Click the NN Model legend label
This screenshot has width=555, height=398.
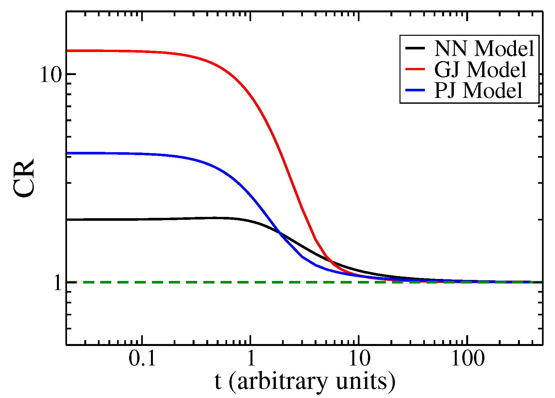[484, 48]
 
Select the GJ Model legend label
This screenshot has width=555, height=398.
[480, 69]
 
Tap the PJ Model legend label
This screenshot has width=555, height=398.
[478, 90]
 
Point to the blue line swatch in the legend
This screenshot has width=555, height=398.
[415, 90]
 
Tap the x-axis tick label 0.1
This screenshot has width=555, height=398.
[142, 359]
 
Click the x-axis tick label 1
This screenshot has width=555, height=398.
[250, 359]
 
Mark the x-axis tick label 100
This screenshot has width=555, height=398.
[467, 359]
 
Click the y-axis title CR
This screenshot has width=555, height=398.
[24, 178]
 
